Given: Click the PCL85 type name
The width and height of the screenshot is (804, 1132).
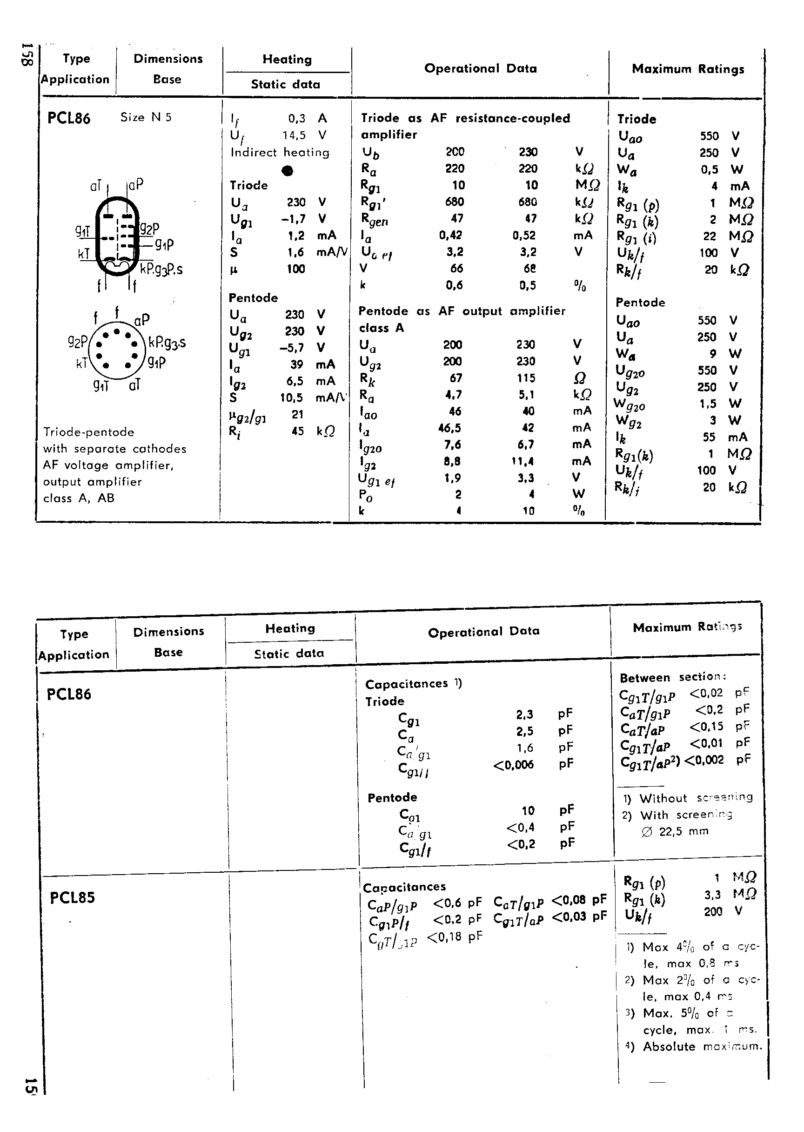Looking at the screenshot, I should coord(72,897).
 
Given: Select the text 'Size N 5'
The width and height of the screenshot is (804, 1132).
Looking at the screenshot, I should coord(146,117).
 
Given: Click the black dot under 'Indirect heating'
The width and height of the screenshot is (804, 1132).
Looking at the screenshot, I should coord(287,171).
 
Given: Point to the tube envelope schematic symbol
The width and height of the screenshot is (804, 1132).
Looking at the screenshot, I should coord(117,236).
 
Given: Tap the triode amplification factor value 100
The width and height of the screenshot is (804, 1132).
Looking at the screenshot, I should coord(295,269).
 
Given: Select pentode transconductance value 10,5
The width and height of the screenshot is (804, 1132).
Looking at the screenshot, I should coord(292,398).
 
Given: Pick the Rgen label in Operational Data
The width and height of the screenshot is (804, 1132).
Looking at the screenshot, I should coord(374,219).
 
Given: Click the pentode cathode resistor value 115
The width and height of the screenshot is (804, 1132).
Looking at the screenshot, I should coord(526,378).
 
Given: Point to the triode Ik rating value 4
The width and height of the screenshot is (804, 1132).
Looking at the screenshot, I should coord(714,186).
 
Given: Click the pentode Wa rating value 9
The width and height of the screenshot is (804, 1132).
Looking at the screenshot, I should coord(712,354).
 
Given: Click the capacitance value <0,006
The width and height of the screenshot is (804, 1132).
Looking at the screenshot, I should coord(513,765).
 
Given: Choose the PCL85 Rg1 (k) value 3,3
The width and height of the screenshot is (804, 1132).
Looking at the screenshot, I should coord(712,895).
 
